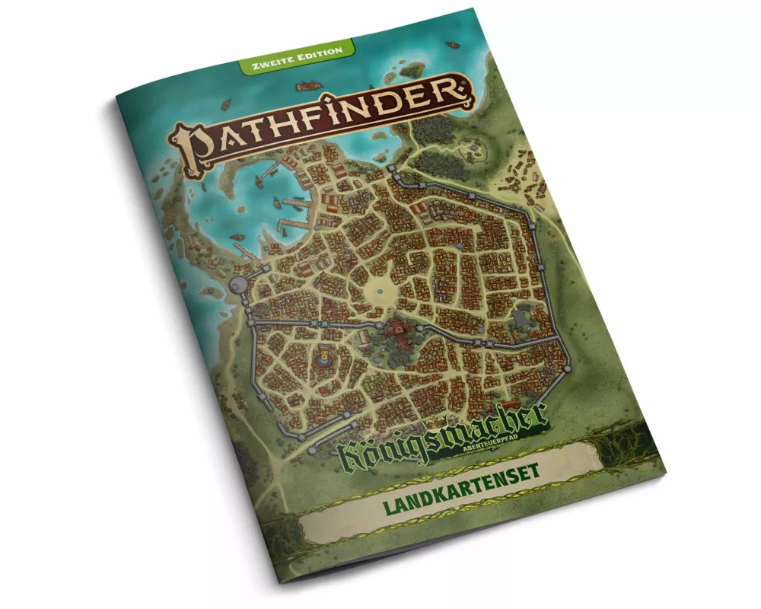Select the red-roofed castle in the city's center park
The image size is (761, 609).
tap(396, 333)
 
